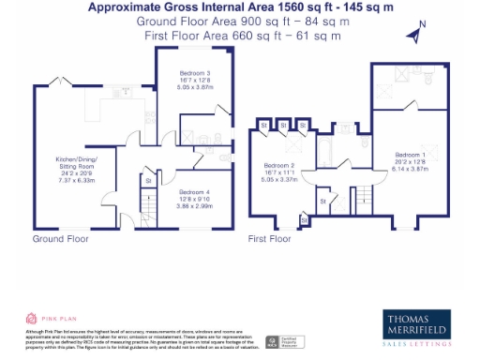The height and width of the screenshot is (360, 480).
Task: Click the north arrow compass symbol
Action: tap(414, 34)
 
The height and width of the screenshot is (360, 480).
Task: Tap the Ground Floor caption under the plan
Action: tap(60, 239)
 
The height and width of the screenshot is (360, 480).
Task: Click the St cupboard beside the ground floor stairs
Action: tap(147, 181)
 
